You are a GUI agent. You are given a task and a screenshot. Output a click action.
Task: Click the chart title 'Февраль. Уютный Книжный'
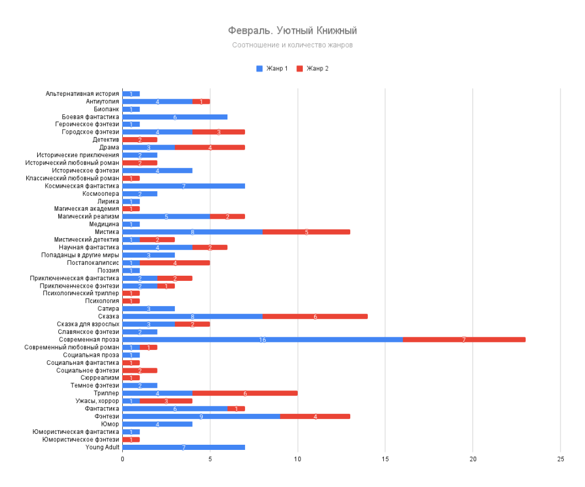[x=292, y=30]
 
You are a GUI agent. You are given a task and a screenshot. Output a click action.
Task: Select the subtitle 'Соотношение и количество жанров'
[x=292, y=45]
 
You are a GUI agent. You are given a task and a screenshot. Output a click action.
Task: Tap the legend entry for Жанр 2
[x=312, y=69]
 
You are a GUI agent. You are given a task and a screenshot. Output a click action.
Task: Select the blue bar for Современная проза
[x=262, y=339]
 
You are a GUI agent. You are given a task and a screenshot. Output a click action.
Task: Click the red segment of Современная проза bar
[x=464, y=339]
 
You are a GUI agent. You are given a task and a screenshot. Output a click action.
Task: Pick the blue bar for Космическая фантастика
[x=183, y=186]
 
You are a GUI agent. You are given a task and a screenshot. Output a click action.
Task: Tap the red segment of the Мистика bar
[x=306, y=232]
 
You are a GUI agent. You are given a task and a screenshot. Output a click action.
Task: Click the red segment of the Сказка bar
[x=315, y=316]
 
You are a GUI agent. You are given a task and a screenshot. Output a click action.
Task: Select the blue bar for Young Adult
[x=183, y=447]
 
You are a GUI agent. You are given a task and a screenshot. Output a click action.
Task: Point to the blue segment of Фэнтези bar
[x=201, y=416]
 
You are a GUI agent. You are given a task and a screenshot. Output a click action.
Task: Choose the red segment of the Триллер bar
[x=245, y=393]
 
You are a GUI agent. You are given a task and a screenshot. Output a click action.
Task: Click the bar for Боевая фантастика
[x=175, y=116]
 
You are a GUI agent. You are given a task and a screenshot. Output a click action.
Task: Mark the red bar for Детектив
[x=140, y=139]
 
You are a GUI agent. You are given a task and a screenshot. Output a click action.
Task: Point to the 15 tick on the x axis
[x=385, y=459]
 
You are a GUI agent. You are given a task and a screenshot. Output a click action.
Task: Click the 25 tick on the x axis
[x=560, y=459]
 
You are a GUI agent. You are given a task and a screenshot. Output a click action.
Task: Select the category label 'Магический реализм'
[x=89, y=216]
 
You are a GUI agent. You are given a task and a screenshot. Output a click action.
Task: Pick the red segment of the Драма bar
[x=210, y=147]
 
